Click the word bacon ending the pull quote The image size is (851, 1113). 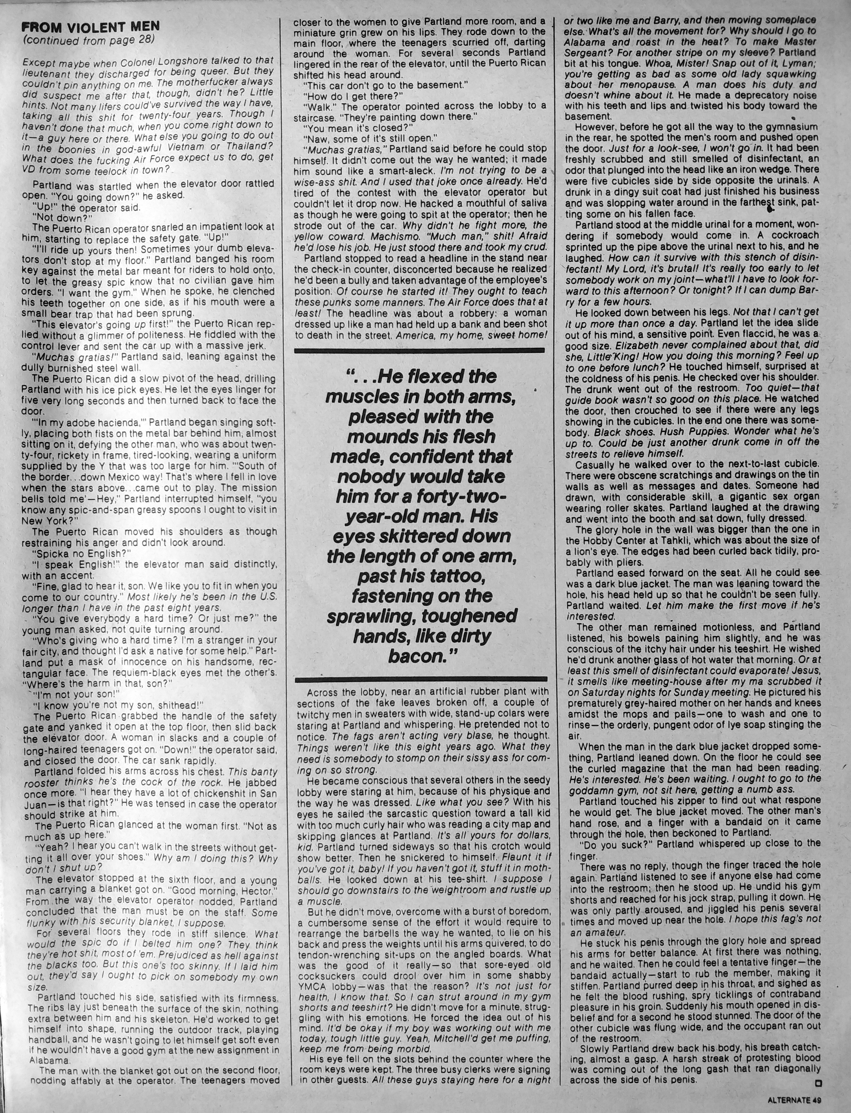click(418, 656)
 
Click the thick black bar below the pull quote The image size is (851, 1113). click(421, 679)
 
